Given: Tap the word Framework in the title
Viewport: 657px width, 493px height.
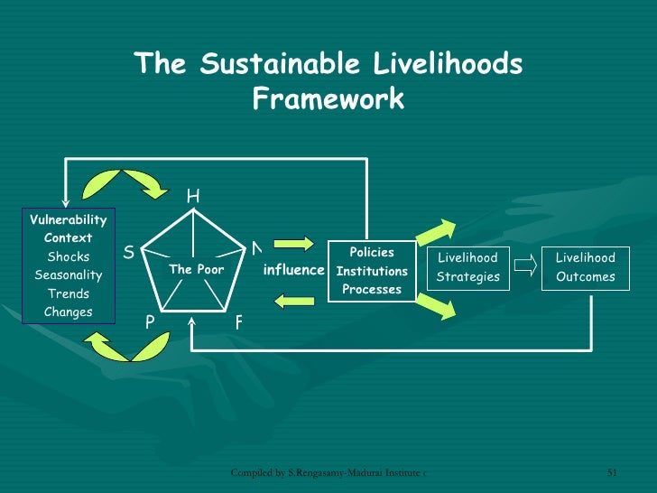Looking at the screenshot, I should coord(328,98).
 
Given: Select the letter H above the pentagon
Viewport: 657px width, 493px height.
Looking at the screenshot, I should coord(193,196).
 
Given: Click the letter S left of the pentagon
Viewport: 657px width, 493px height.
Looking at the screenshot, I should coord(128,253).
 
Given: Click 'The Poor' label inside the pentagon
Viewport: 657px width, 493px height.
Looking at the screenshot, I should coord(196,270).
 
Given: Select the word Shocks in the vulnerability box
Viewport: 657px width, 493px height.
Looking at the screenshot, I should coord(69,257).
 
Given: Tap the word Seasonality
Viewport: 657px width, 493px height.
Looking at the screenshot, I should coord(69,275).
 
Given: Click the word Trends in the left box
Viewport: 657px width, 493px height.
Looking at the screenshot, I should coord(69,294).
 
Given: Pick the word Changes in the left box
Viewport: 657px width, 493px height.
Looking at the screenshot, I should coord(69,312).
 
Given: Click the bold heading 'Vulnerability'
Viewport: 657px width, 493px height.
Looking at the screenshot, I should coord(69,220).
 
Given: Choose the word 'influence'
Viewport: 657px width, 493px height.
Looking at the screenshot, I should coord(293,270).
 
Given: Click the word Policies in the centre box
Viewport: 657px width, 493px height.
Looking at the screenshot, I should coord(372,253).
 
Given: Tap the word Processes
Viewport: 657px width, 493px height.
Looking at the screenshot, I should coord(372,290).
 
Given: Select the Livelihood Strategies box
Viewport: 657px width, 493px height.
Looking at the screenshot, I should coord(467,268).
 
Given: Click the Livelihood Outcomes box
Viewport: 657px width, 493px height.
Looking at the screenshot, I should coord(585,268).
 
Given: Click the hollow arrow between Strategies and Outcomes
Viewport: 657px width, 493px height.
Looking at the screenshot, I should coord(525,267).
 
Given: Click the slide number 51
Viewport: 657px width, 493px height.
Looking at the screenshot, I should coord(611,472).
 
